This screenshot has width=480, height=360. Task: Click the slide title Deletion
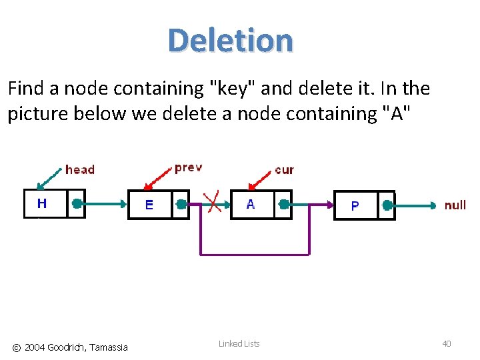pyautogui.click(x=230, y=40)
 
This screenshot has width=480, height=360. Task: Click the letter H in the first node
pyautogui.click(x=42, y=203)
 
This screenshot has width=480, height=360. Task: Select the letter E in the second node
pyautogui.click(x=149, y=205)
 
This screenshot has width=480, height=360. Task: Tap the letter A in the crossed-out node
pyautogui.click(x=250, y=204)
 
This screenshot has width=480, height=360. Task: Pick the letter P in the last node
pyautogui.click(x=355, y=205)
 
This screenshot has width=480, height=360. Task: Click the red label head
pyautogui.click(x=80, y=170)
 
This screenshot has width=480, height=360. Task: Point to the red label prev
pyautogui.click(x=188, y=167)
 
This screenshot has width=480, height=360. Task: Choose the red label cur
pyautogui.click(x=284, y=170)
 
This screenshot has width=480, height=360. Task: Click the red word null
pyautogui.click(x=455, y=205)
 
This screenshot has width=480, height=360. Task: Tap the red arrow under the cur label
pyautogui.click(x=260, y=179)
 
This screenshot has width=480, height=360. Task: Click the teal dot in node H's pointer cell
pyautogui.click(x=77, y=203)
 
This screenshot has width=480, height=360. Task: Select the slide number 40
pyautogui.click(x=447, y=343)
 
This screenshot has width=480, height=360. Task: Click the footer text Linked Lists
pyautogui.click(x=239, y=343)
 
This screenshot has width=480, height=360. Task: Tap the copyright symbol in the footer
pyautogui.click(x=17, y=347)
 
